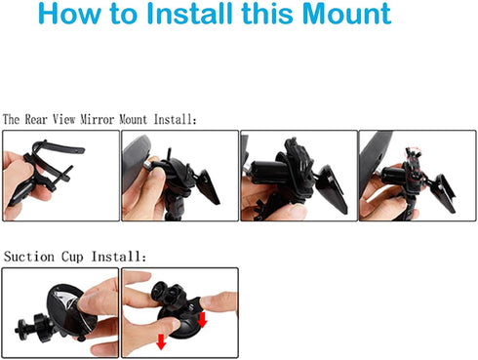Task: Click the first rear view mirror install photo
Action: tap(60, 176)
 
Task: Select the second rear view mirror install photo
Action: tap(179, 176)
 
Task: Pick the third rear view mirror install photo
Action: tap(298, 176)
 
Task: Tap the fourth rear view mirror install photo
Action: tap(417, 176)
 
